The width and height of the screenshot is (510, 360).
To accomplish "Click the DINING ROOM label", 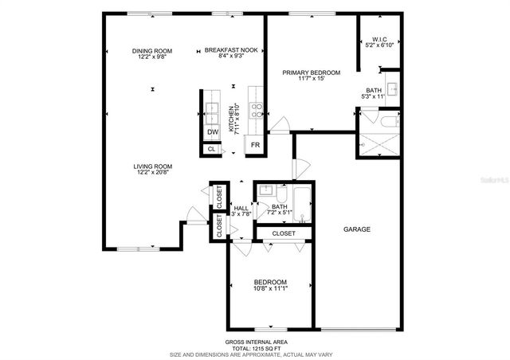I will pos(151,52).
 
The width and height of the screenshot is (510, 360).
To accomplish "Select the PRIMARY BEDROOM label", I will pos(312,72).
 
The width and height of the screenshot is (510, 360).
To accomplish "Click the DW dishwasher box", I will pos(213,132).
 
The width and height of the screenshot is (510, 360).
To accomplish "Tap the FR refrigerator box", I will pos(256,145).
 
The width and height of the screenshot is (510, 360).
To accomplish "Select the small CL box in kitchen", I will pos(211,149).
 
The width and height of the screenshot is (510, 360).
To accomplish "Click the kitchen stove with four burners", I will pos(257,110).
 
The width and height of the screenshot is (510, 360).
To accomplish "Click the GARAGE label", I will pos(356,229).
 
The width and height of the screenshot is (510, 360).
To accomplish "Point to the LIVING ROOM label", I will pos(151,166).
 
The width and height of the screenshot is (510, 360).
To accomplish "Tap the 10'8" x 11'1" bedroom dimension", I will pos(270,289).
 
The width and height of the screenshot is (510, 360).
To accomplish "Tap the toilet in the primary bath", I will pos(387,122).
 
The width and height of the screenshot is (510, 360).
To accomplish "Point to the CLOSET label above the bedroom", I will pos(284,233).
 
